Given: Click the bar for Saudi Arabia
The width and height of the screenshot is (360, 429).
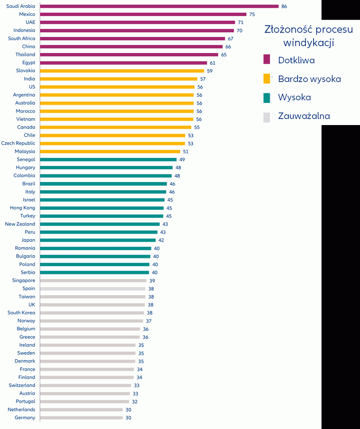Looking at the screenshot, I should coord(159,7).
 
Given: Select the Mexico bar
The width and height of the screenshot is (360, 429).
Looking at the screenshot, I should coord(143,14).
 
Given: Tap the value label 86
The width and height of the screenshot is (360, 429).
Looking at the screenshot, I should coord(284,7).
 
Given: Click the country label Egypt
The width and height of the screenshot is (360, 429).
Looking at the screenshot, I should coord(29,63).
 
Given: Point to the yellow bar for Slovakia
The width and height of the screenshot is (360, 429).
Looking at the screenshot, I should coord(122,71).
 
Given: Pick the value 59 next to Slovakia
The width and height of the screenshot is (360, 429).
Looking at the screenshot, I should coord(209,71).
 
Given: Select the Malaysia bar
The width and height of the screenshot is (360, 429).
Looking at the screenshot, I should coord(110,152).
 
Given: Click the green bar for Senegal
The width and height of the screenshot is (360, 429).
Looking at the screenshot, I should coord(108,159).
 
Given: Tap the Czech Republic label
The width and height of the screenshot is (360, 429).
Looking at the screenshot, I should coord(18,143).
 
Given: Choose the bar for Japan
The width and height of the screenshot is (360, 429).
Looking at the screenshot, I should coord(98,240).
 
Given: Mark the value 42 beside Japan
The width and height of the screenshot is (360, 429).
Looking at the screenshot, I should coord(161,240).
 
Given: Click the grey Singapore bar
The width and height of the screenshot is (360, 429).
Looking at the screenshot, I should coord(93,280).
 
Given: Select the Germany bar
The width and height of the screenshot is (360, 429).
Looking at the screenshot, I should coord(82,418).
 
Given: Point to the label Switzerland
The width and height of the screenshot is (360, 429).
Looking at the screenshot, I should coord(22,385).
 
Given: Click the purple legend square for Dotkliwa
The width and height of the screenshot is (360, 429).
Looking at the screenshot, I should coord(267,59).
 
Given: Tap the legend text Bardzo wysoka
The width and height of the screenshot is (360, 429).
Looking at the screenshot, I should coord(309,79).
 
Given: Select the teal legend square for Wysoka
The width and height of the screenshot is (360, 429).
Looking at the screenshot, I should coord(267,98).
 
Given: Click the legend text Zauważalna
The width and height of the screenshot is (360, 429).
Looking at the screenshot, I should coord(304,116).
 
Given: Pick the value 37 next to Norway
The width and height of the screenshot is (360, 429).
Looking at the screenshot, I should coord(149,321).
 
